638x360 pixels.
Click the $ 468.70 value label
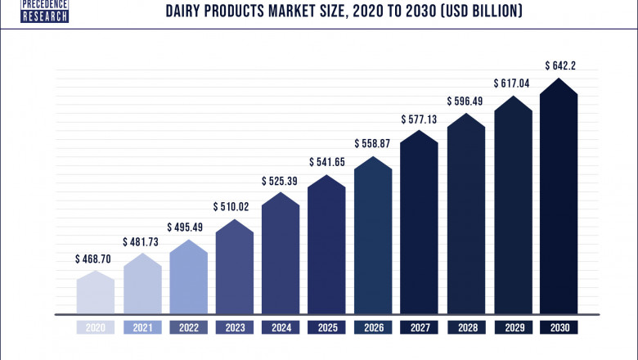tap(96, 259)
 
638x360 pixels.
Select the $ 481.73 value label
tap(142, 242)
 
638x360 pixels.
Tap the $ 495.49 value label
tap(188, 227)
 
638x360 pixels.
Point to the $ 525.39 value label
tap(281, 180)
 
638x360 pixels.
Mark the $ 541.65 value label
tap(327, 162)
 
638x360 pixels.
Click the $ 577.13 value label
tap(420, 119)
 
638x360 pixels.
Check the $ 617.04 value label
tap(512, 83)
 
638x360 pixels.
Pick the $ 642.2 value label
tap(559, 65)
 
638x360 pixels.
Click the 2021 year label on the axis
tap(142, 327)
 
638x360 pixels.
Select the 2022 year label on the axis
tap(188, 327)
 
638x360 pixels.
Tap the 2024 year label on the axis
tap(281, 327)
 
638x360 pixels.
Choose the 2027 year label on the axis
tap(420, 327)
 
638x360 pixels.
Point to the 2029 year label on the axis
tap(512, 327)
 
